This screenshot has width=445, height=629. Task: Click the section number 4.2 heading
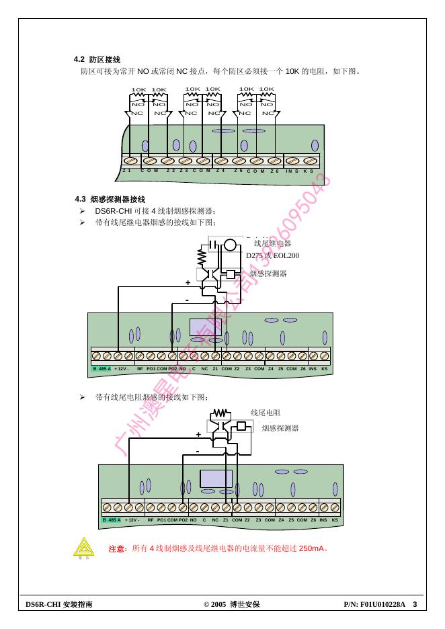79,60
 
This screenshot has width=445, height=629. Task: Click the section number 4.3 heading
81,200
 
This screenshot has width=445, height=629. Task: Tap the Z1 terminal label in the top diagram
126,171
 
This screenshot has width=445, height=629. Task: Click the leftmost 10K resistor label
138,89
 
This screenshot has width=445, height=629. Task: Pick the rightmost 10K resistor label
267,89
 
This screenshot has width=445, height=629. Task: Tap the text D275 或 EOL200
272,255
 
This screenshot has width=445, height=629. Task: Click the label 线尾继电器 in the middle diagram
272,243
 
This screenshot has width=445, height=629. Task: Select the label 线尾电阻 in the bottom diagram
265,413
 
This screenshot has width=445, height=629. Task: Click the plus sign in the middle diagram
188,283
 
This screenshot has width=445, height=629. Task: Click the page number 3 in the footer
415,604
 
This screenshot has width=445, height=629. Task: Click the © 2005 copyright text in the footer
215,605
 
